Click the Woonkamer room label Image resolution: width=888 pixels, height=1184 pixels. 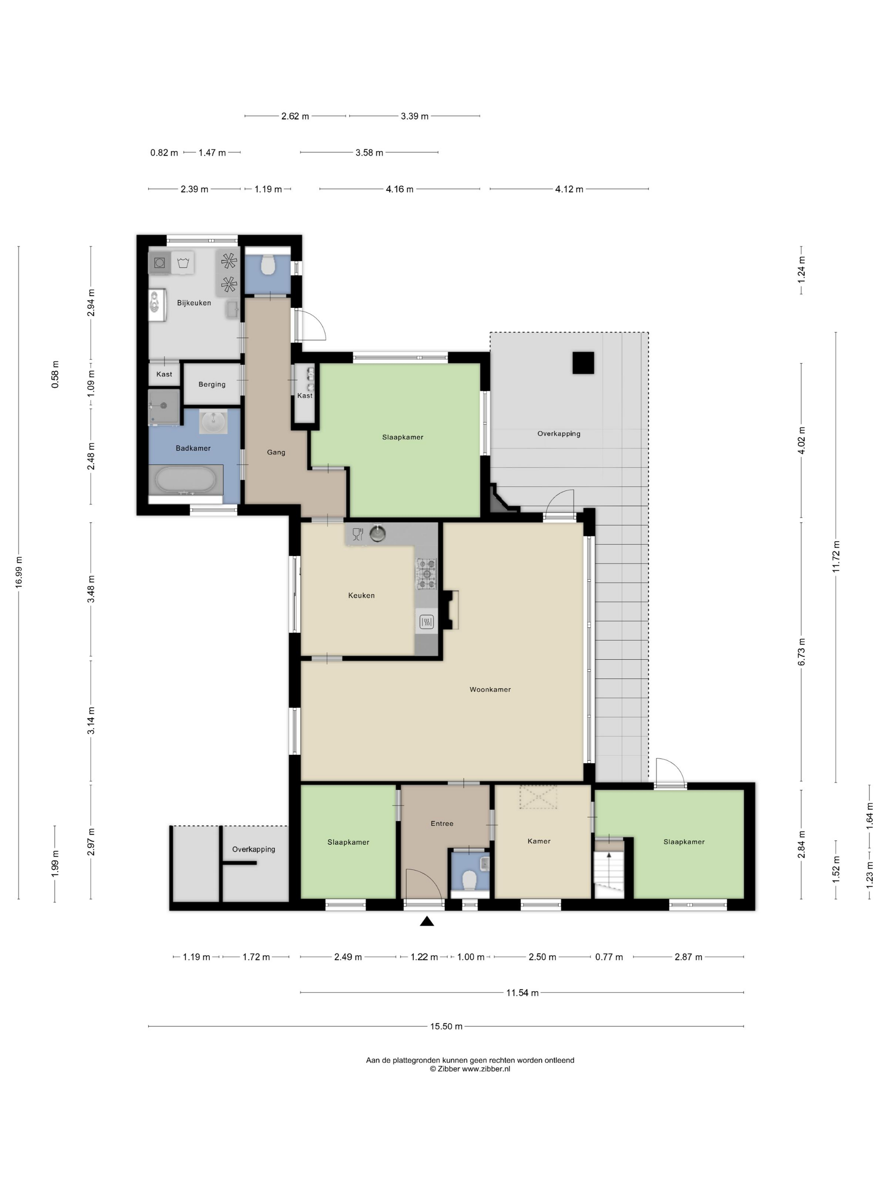tap(490, 689)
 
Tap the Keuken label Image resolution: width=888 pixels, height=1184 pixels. tap(361, 595)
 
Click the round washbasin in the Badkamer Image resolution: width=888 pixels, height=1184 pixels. tap(214, 421)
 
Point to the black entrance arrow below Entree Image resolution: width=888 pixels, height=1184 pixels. tap(427, 921)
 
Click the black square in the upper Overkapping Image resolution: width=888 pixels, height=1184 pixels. tap(583, 362)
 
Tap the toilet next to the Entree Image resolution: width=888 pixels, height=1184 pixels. tap(469, 880)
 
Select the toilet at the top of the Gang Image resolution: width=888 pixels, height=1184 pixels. tap(268, 264)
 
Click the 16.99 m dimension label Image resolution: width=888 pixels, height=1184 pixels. tap(19, 572)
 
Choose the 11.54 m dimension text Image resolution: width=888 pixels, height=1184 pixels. tap(522, 992)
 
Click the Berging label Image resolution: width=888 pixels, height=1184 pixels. tap(212, 384)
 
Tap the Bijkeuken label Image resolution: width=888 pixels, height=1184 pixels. tap(194, 303)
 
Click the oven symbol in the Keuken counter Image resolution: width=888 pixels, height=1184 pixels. tap(427, 622)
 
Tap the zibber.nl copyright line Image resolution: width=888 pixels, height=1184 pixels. tap(470, 1069)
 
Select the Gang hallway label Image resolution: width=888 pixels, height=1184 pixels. tap(276, 452)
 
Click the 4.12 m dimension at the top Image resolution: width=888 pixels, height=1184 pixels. tap(569, 189)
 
